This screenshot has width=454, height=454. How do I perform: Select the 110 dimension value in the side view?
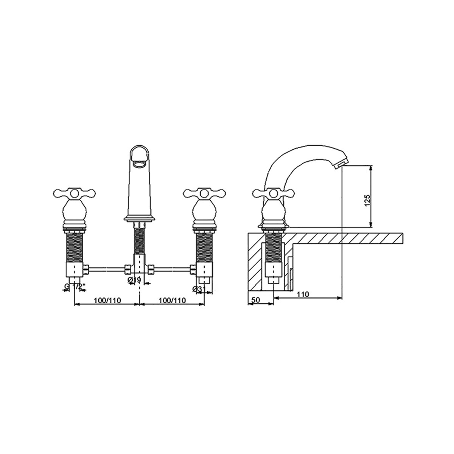(303, 294)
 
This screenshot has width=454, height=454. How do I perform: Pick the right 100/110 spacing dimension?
(173, 300)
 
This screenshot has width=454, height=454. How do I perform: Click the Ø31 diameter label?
(199, 289)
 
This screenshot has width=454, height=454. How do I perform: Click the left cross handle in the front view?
(74, 193)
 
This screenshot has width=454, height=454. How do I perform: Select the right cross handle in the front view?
(205, 193)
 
